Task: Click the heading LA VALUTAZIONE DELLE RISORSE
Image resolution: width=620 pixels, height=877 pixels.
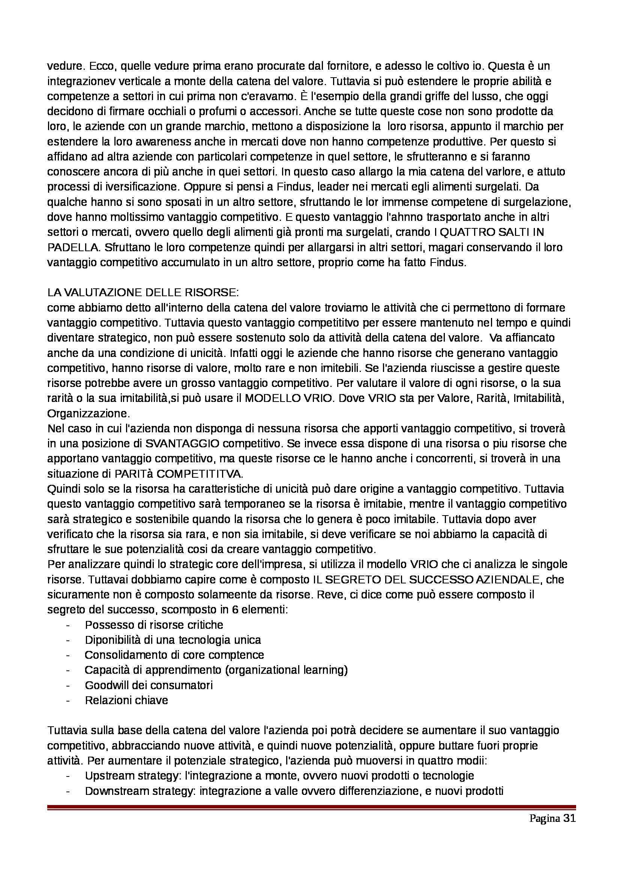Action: tap(143, 293)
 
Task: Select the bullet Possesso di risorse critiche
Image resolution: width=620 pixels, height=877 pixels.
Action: tap(154, 625)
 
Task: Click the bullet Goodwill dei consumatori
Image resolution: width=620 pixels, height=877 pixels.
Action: tap(149, 685)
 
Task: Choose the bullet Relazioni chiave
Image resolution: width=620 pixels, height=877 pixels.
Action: tap(126, 700)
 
